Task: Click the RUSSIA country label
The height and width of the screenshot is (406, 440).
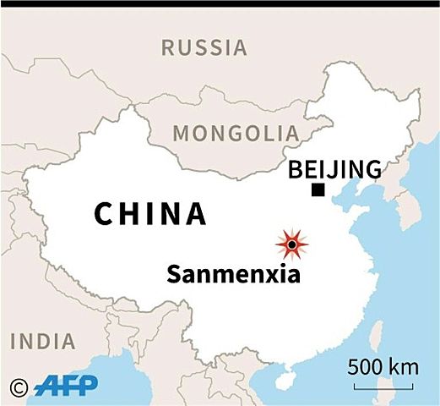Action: tap(205, 47)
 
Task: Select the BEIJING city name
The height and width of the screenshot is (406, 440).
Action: tap(334, 170)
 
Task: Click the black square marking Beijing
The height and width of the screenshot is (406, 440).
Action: tap(318, 190)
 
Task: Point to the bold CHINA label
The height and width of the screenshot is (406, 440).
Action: tap(150, 214)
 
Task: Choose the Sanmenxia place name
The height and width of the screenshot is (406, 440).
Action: tap(233, 275)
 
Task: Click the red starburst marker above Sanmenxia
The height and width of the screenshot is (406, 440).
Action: tap(291, 244)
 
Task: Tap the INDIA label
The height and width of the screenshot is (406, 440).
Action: tap(42, 342)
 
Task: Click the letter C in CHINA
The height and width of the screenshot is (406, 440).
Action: tap(104, 214)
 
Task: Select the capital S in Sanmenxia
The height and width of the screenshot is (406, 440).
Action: tap(174, 275)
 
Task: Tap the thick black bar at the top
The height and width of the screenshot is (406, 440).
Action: tap(220, 3)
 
